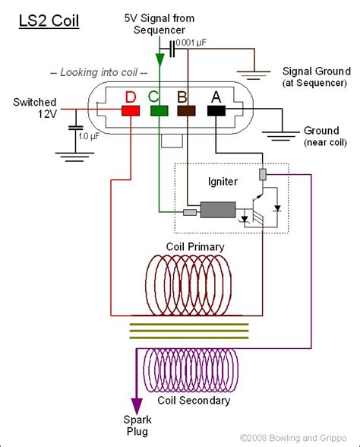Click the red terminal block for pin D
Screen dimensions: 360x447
131,111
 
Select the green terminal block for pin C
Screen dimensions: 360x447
159,111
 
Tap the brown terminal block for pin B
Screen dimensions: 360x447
187,111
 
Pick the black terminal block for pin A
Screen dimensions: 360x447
216,111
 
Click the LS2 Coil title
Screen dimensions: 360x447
49,21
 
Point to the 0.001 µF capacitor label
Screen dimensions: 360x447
191,43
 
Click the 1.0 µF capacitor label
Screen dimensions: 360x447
89,136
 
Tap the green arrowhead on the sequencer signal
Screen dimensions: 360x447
160,60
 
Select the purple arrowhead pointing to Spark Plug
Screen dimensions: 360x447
137,406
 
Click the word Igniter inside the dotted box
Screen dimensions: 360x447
223,182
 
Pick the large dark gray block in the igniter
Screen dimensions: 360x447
218,210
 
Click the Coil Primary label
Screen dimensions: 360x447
195,247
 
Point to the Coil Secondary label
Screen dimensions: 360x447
194,401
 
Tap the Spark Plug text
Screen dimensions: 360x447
137,426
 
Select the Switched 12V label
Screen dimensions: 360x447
35,108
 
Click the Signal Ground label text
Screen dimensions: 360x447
317,71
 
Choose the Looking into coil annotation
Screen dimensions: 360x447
99,72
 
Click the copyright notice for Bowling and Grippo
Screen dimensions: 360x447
293,438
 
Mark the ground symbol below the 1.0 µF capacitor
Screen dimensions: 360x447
75,157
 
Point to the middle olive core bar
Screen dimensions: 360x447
189,331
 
